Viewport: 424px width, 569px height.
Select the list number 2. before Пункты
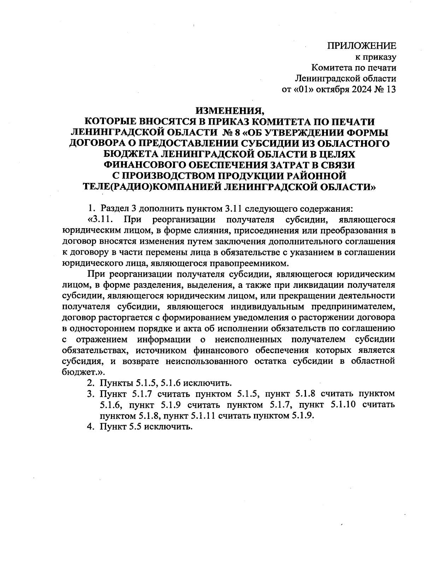point(90,383)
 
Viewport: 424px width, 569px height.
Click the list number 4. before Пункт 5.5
point(90,426)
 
